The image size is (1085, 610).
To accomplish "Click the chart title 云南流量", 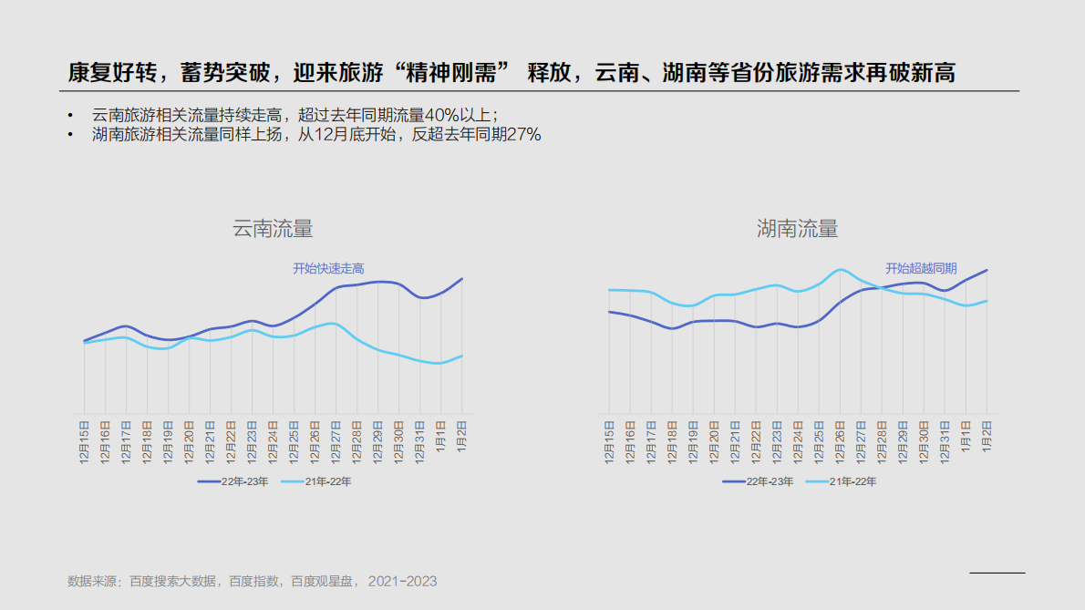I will coord(273,229).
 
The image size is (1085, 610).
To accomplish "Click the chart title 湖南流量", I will coord(797,229).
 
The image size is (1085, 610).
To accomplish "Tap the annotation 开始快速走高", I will coord(328,268).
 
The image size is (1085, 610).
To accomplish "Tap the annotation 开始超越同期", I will coord(921,268).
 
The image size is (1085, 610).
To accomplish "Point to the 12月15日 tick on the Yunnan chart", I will coord(84,441).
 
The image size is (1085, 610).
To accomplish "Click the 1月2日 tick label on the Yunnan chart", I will coord(462,436).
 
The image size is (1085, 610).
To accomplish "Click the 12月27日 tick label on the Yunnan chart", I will coord(336,441).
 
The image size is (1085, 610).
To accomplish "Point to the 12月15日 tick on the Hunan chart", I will coord(609,441).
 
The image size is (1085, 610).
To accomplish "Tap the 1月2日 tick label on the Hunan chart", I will coord(987,436).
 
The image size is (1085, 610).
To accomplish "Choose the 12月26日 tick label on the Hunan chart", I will coord(841,441).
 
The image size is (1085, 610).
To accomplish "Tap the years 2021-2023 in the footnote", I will coord(402,581).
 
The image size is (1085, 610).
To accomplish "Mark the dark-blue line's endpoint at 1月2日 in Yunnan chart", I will coord(462,279).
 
